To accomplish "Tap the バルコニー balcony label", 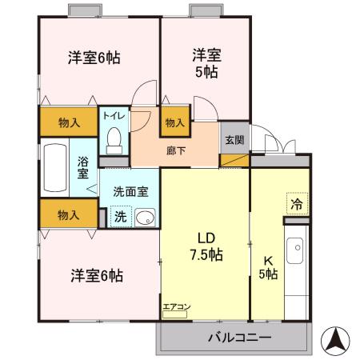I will [239, 338].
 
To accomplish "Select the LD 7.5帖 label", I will [206, 246].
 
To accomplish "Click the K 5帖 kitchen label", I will [268, 266].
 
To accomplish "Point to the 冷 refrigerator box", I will [296, 203].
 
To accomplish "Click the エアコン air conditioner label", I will [175, 306].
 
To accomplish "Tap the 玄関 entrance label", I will [234, 141].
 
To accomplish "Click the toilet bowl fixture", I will [114, 139].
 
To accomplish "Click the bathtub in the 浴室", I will [54, 167].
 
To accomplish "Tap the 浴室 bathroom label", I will [83, 168].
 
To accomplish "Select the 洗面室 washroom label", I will [130, 192].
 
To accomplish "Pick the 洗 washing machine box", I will [119, 216].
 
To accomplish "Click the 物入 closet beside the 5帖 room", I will [174, 122].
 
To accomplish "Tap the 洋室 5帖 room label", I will [206, 63].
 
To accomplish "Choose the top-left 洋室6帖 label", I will [94, 58].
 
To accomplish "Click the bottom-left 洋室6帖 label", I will [96, 275].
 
